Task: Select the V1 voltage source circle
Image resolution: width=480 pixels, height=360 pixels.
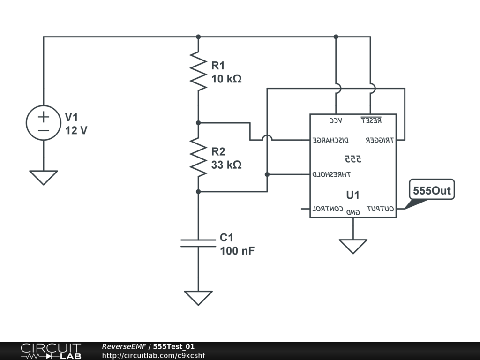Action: (x=44, y=123)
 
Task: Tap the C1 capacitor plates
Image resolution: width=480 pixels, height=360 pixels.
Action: (x=198, y=243)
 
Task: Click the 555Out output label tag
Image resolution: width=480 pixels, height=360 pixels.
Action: (x=432, y=191)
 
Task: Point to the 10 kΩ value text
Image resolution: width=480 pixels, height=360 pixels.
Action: (x=226, y=79)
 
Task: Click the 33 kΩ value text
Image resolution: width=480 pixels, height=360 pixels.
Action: (x=226, y=165)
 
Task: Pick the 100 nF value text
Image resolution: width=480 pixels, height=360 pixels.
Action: (x=237, y=251)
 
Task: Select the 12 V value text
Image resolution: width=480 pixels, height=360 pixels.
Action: (x=76, y=131)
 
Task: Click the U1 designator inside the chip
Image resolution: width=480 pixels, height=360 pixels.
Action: (x=352, y=194)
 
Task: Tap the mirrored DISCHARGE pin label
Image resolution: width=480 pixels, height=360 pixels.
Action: (x=330, y=140)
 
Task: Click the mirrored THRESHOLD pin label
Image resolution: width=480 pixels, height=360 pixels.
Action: (x=331, y=174)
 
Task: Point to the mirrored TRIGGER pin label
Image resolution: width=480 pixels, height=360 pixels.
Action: (x=380, y=140)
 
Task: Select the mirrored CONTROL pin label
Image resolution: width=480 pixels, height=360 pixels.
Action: (x=328, y=209)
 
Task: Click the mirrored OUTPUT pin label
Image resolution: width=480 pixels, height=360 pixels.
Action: (x=380, y=209)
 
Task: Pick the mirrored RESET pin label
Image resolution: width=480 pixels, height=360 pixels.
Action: (x=371, y=120)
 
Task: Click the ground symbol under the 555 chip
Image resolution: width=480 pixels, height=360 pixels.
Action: (x=353, y=246)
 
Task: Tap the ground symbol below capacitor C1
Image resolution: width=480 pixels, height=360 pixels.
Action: (x=198, y=298)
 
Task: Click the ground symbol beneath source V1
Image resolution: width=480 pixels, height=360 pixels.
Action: (x=44, y=177)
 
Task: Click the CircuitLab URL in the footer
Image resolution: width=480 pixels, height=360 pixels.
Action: (x=153, y=355)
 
